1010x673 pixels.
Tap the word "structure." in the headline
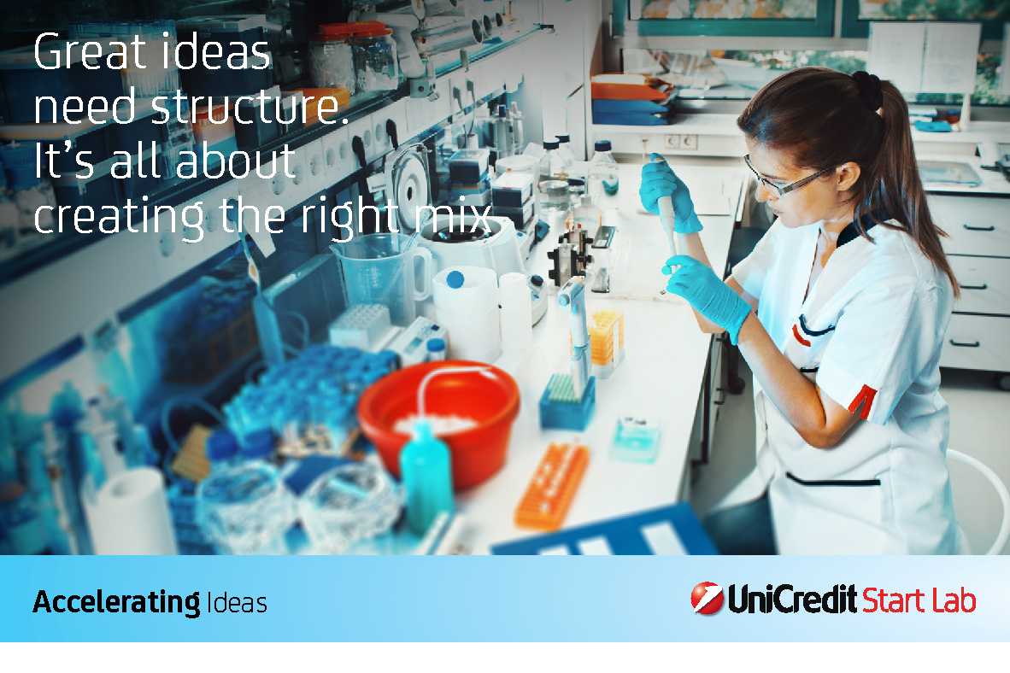(250, 106)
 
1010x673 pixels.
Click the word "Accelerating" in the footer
(116, 603)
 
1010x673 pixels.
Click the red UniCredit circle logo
(707, 599)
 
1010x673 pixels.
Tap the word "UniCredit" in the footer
(792, 599)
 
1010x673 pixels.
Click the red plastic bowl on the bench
(438, 422)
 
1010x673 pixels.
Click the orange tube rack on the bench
(552, 486)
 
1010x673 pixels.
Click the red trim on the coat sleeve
(862, 401)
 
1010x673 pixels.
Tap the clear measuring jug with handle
(382, 277)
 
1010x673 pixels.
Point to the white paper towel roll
(130, 512)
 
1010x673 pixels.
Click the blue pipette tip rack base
(567, 405)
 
